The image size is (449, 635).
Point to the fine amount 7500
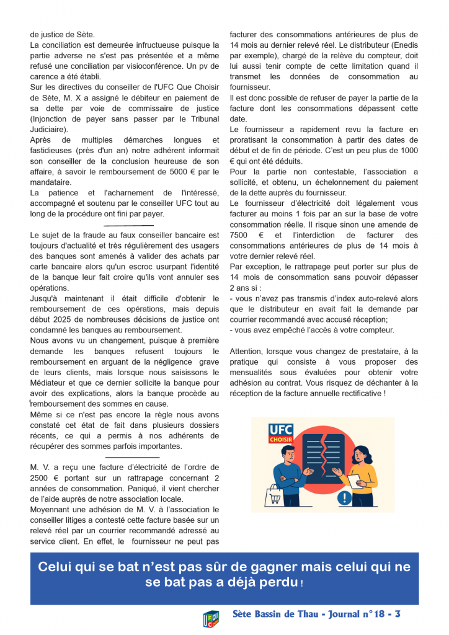(x=239, y=236)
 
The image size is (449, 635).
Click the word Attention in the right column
(x=248, y=351)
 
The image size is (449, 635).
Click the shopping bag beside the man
(x=273, y=494)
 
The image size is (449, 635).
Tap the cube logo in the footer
(x=211, y=619)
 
